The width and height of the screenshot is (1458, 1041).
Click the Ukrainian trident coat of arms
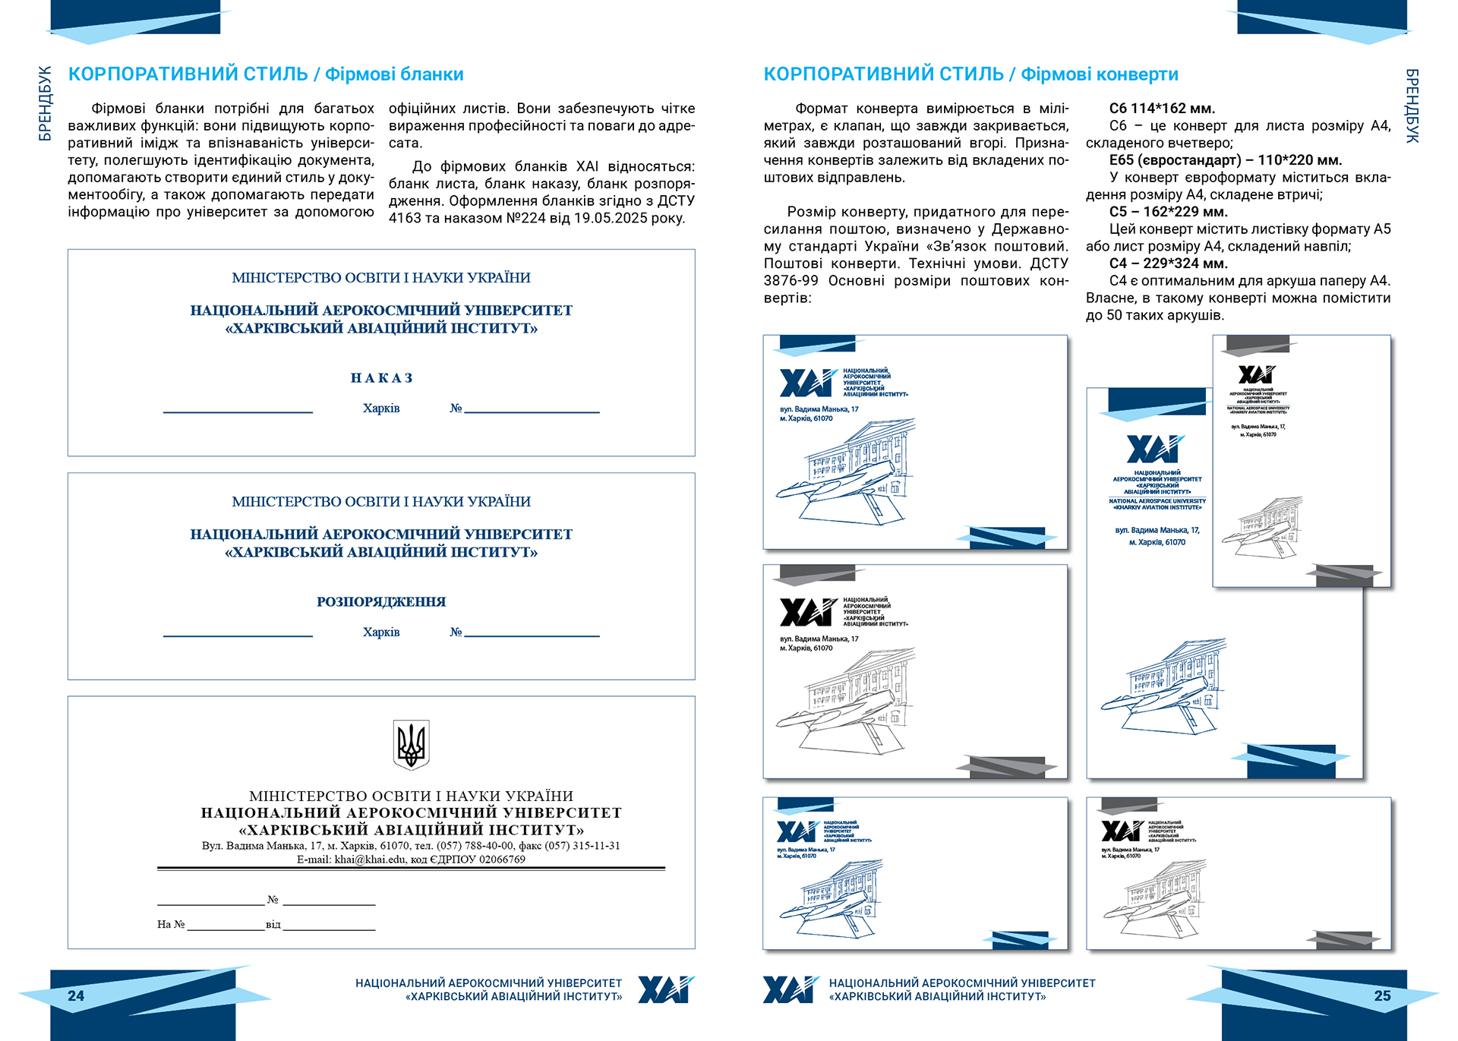(x=411, y=744)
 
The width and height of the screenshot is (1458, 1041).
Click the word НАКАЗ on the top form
(x=381, y=378)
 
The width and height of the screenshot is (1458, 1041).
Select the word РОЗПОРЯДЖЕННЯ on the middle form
(x=381, y=602)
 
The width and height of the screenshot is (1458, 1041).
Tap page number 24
(x=76, y=996)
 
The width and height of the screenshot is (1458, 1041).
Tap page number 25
(x=1382, y=996)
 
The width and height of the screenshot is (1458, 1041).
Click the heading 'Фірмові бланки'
(x=394, y=74)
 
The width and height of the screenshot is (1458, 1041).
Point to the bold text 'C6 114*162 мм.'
(x=1162, y=109)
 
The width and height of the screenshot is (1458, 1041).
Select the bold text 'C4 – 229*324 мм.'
(x=1168, y=263)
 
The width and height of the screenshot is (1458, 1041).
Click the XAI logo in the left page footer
(x=665, y=989)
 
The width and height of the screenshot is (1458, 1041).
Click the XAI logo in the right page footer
(x=791, y=989)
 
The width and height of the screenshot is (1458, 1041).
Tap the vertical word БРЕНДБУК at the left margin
(x=46, y=103)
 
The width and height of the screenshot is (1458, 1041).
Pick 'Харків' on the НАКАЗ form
(x=381, y=409)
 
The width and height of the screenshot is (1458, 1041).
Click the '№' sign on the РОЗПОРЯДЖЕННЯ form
(x=456, y=632)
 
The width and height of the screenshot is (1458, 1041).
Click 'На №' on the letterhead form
(x=171, y=924)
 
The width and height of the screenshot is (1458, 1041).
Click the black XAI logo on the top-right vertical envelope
(x=1257, y=374)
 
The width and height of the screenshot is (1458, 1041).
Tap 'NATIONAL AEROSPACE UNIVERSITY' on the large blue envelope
(x=1157, y=501)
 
